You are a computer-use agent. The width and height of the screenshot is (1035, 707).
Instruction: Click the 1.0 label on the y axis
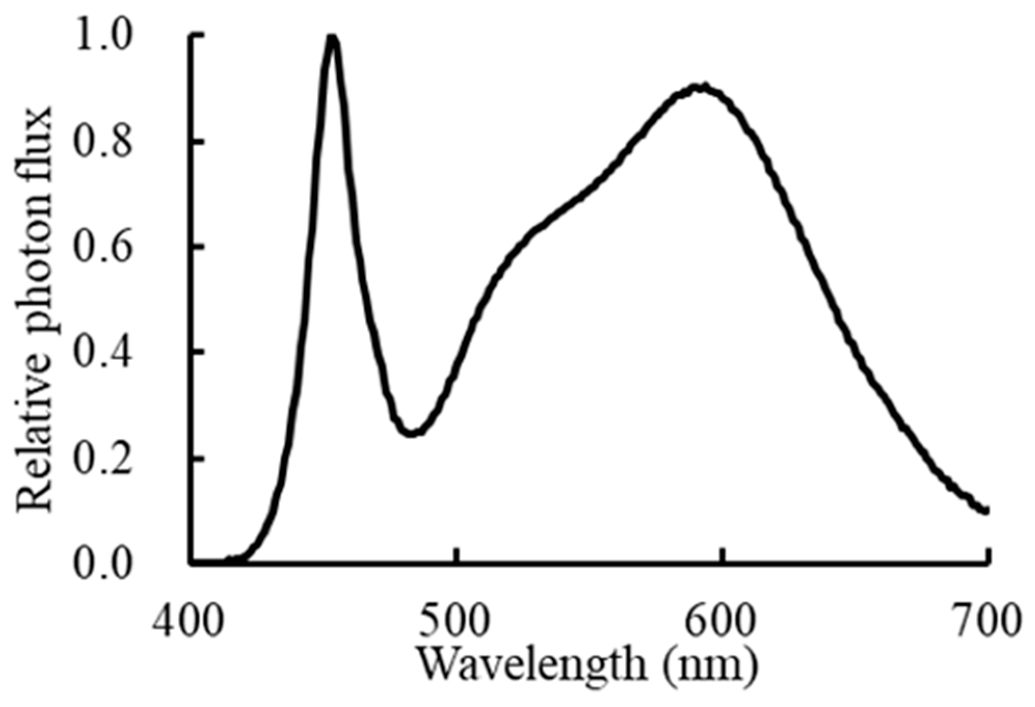(x=103, y=34)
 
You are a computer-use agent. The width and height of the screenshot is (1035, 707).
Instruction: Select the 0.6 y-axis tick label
(x=103, y=247)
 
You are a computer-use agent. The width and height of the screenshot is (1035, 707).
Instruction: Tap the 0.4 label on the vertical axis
(x=103, y=353)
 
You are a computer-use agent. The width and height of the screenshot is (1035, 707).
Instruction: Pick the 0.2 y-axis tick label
(x=103, y=459)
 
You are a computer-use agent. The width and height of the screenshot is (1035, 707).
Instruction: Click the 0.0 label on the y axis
(x=103, y=565)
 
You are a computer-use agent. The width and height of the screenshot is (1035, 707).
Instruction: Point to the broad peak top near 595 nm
(x=701, y=87)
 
